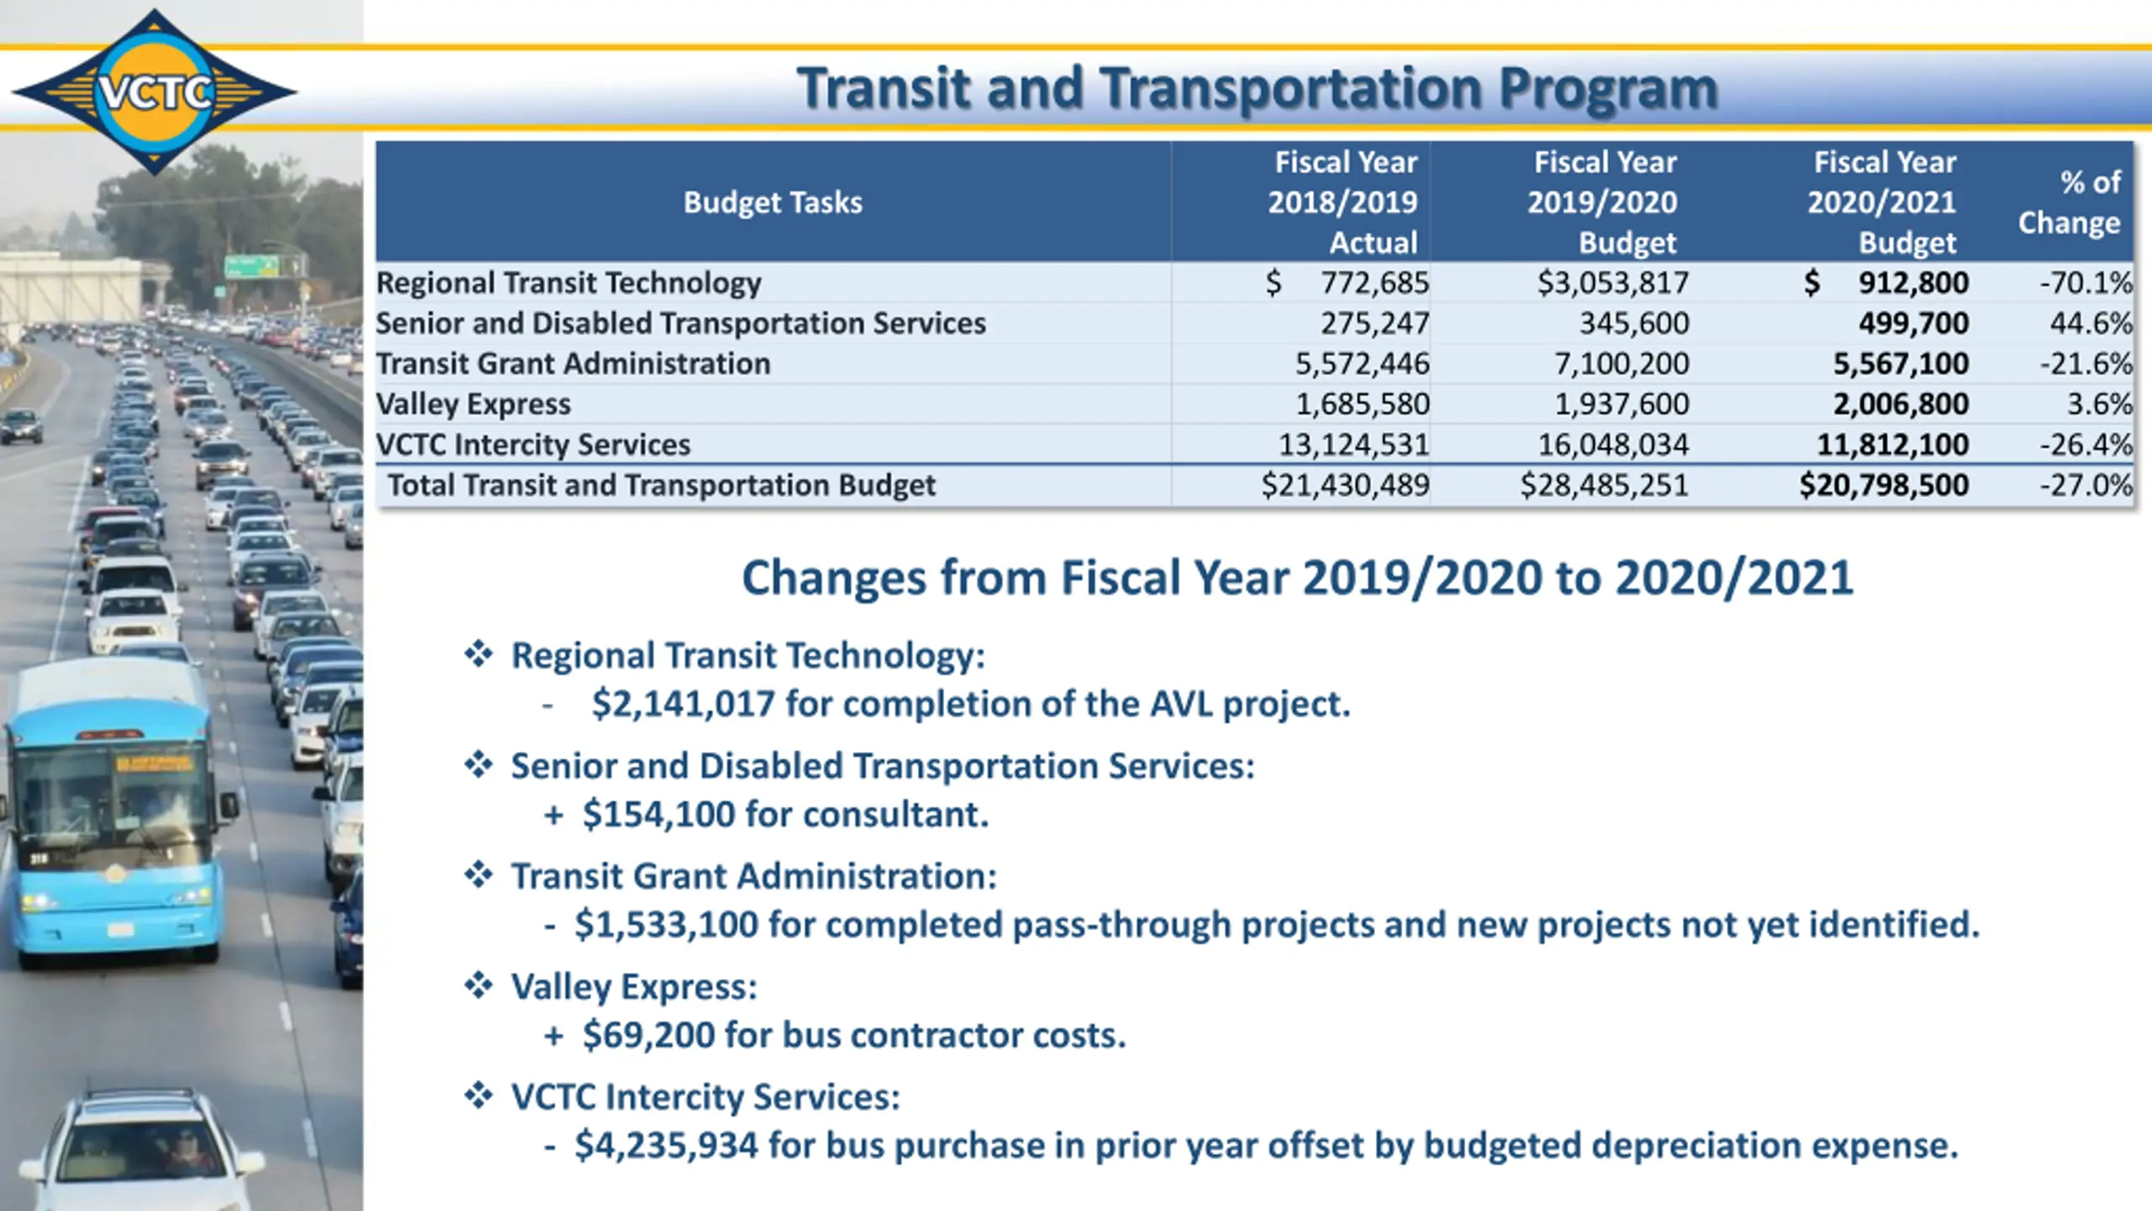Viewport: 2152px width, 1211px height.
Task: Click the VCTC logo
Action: [155, 91]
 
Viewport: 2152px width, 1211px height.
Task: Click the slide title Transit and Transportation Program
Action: [1257, 88]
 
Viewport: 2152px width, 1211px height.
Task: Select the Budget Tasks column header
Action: [773, 203]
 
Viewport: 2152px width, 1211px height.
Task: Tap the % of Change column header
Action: [2070, 203]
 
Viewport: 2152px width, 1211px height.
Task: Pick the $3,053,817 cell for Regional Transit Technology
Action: [1612, 283]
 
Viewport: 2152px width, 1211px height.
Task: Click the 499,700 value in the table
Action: [1912, 324]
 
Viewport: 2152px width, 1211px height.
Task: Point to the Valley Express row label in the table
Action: [473, 405]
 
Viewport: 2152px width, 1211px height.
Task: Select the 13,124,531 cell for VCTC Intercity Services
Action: [1353, 445]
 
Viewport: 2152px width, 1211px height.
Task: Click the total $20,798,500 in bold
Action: [1883, 485]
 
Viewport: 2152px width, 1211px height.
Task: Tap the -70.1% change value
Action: [2086, 283]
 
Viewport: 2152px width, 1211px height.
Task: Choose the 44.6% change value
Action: [2091, 324]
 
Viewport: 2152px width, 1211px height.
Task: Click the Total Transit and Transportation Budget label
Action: [661, 485]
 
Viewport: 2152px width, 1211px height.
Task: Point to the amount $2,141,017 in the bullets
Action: [683, 704]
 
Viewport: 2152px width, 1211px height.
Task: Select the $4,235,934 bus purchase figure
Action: [666, 1145]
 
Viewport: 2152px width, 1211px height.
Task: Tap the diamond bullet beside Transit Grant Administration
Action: [478, 875]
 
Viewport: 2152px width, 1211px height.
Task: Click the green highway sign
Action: [251, 267]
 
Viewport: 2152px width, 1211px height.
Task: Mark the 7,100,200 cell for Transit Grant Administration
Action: [1621, 364]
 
